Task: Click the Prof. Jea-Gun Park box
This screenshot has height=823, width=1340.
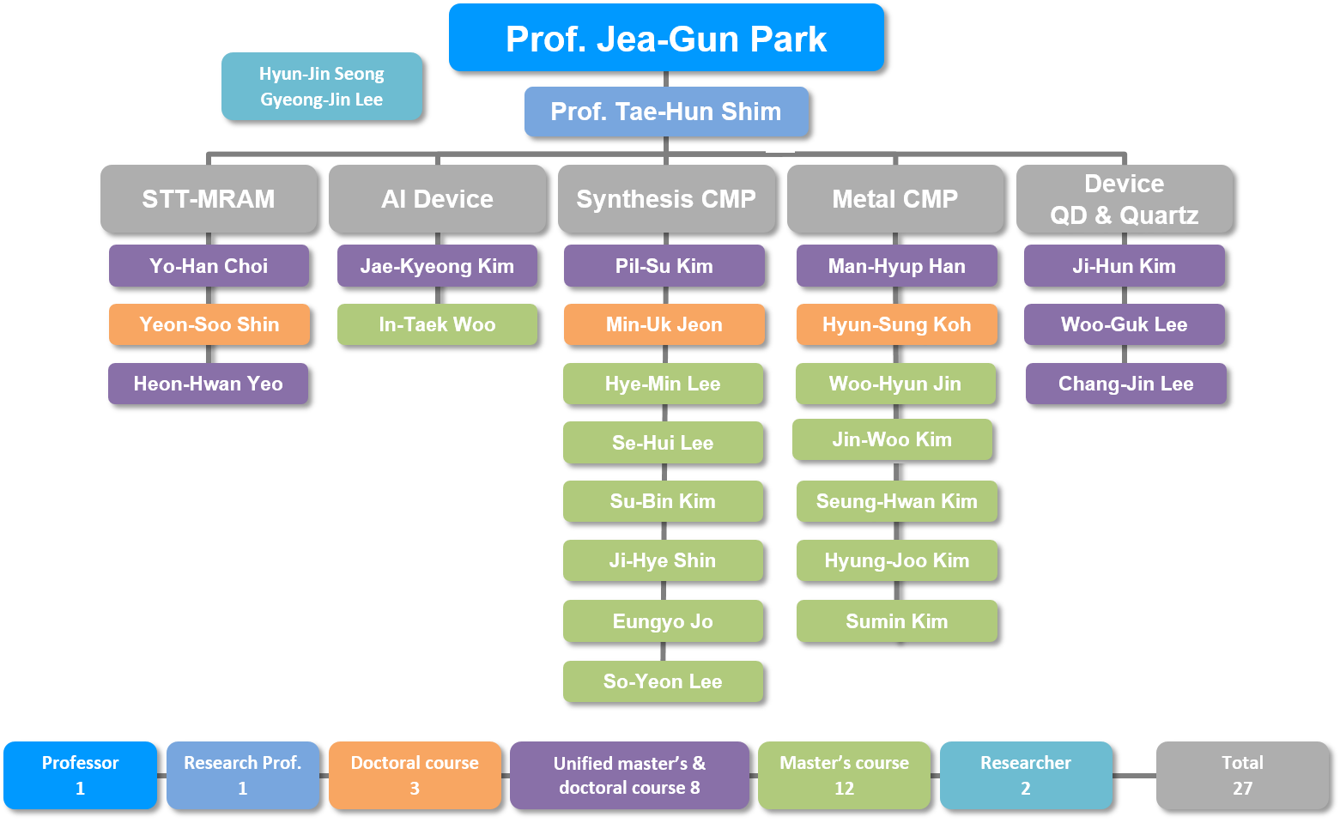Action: point(666,38)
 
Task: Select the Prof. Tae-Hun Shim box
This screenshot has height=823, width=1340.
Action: point(666,112)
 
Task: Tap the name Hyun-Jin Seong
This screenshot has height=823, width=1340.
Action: point(322,74)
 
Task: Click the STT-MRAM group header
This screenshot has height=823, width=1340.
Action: point(209,198)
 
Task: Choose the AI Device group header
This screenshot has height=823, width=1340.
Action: point(437,198)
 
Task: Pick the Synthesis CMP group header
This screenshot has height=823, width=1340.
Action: point(666,198)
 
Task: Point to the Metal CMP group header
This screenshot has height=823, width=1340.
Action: point(894,198)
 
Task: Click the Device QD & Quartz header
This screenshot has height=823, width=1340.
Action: point(1124,198)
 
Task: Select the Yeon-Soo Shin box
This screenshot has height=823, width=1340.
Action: point(209,324)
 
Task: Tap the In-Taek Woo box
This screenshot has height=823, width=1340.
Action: point(437,324)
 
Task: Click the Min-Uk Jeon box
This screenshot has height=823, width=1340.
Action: point(664,324)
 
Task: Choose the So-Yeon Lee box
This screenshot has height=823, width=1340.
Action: point(663,681)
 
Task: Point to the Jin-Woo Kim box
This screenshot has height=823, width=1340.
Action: point(893,439)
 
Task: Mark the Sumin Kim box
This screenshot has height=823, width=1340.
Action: point(896,621)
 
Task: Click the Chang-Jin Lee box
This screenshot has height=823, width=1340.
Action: point(1125,384)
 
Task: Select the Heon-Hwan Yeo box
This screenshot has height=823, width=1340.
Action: point(208,384)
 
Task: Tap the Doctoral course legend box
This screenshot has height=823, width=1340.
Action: point(415,775)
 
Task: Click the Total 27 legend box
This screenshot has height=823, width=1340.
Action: point(1242,775)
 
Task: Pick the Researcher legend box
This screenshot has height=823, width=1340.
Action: point(1026,775)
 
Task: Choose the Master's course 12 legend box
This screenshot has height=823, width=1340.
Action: point(844,775)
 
